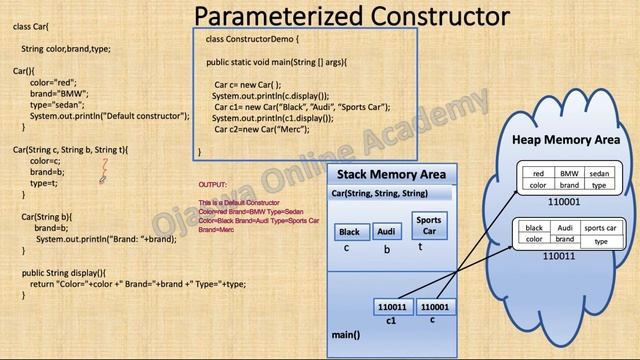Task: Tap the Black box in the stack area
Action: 348,232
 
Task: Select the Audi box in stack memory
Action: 387,232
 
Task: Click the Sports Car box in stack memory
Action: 428,226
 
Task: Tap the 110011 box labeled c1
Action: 391,307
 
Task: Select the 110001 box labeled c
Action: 433,307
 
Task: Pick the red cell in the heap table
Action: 538,173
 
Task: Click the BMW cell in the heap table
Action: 569,173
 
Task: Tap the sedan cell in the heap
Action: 599,173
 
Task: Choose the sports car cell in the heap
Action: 601,228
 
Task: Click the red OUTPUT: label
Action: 212,186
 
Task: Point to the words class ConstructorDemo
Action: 245,39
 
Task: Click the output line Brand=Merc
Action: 217,230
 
